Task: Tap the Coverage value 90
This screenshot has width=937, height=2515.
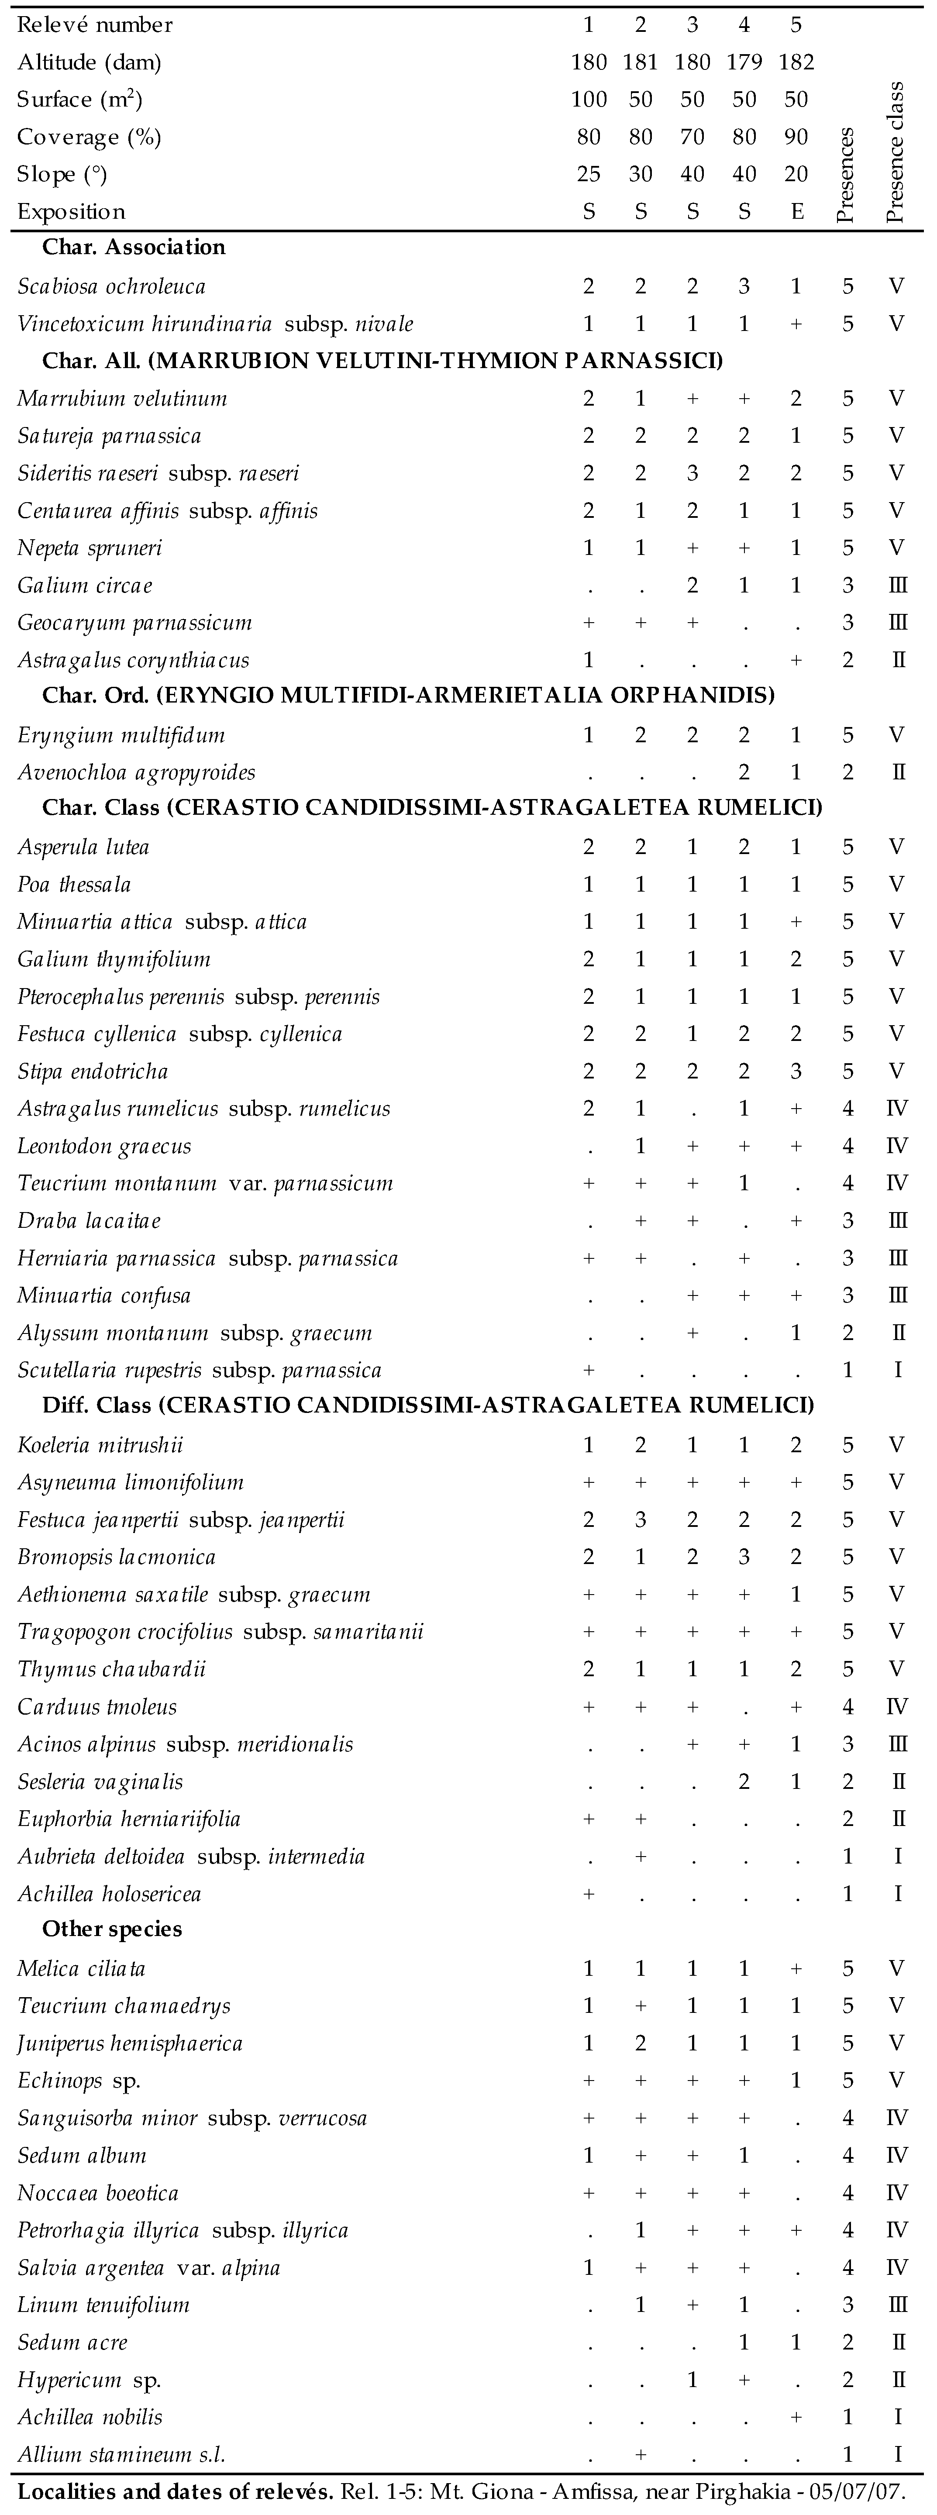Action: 796,137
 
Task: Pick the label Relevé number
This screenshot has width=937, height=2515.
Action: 96,24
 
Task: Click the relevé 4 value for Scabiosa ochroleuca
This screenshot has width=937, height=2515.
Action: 744,286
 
